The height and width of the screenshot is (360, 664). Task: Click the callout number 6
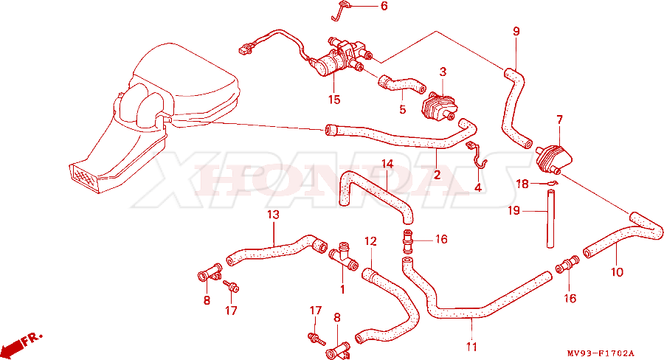pyautogui.click(x=384, y=7)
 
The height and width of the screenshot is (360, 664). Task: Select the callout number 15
pyautogui.click(x=334, y=100)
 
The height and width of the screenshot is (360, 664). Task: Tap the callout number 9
pyautogui.click(x=516, y=31)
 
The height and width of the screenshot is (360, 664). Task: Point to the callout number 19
pyautogui.click(x=513, y=210)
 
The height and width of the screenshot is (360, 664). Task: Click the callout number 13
pyautogui.click(x=274, y=215)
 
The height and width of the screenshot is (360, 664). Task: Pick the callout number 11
pyautogui.click(x=471, y=347)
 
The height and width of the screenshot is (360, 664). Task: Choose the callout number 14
pyautogui.click(x=387, y=164)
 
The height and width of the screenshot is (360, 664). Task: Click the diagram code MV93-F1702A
pyautogui.click(x=601, y=353)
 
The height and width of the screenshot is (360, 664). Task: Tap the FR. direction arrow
pyautogui.click(x=21, y=342)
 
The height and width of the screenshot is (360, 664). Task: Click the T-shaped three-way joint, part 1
pyautogui.click(x=343, y=256)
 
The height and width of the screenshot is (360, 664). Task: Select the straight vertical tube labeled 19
pyautogui.click(x=550, y=218)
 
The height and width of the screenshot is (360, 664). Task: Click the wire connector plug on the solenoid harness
pyautogui.click(x=243, y=49)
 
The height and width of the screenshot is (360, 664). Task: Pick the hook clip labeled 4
pyautogui.click(x=477, y=155)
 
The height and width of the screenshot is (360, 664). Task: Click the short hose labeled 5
pyautogui.click(x=402, y=83)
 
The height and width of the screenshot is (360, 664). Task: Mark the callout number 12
pyautogui.click(x=370, y=241)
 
